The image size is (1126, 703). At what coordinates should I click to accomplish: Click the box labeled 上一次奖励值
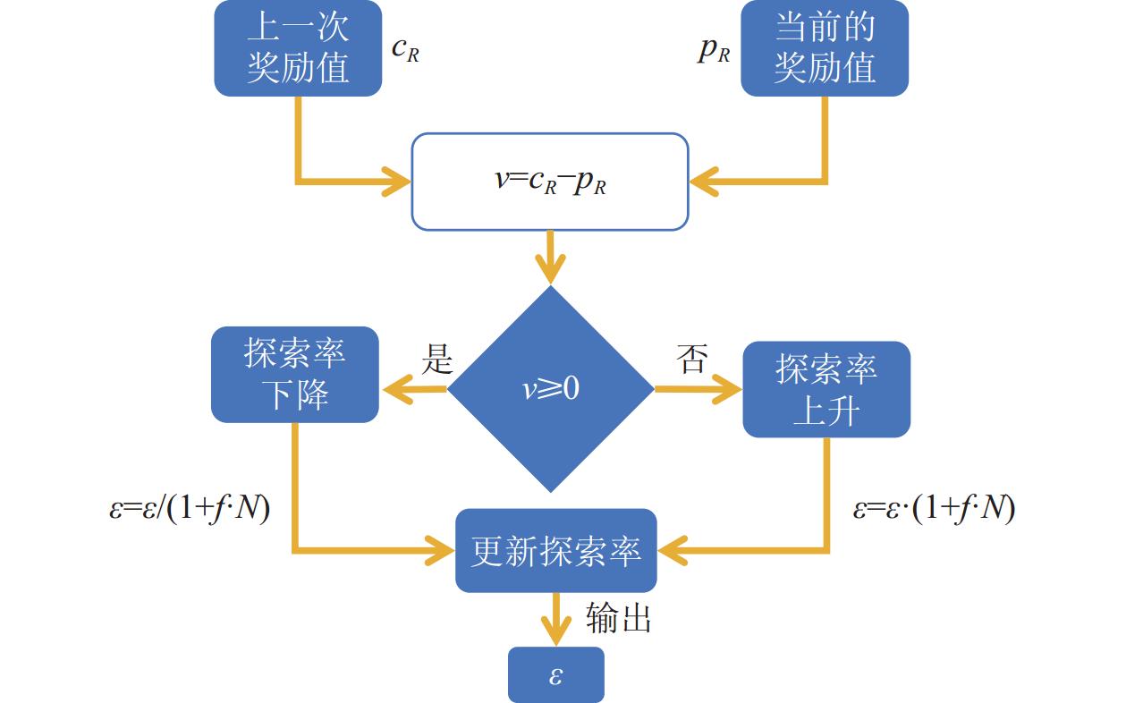[298, 48]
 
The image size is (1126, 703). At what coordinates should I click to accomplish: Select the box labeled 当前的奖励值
[825, 48]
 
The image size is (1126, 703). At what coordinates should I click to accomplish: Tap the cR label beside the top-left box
[405, 50]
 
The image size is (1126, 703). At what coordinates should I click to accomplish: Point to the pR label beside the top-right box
[714, 50]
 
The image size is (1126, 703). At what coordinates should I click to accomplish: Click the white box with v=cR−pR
[550, 182]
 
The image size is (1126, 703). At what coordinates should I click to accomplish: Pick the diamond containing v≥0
[551, 388]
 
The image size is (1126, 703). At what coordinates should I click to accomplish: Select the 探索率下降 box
[294, 375]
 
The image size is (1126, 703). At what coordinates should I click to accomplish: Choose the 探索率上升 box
[826, 389]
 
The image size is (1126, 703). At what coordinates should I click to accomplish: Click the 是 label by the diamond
[437, 359]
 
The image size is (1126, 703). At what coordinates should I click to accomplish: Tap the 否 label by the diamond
[691, 359]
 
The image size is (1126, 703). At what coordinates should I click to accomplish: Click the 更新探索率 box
[555, 551]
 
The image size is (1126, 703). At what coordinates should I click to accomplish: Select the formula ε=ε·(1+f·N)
[933, 509]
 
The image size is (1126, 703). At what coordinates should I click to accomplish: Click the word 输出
[618, 618]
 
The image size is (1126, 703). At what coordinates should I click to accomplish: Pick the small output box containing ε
[555, 674]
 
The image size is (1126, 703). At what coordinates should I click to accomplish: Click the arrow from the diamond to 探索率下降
[414, 389]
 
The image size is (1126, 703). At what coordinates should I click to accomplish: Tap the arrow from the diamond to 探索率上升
[698, 389]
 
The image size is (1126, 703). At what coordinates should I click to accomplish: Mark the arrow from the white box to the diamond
[551, 258]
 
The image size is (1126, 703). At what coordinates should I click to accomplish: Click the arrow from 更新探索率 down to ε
[556, 618]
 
